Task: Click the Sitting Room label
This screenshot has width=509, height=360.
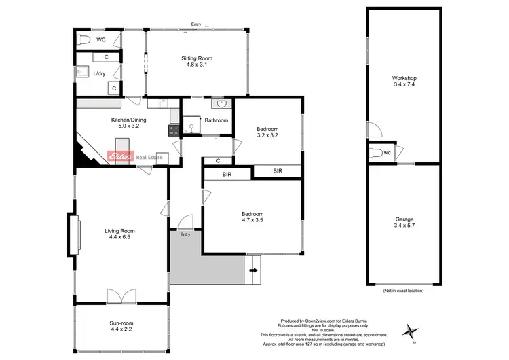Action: (197, 58)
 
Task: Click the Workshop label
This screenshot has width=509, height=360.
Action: (404, 79)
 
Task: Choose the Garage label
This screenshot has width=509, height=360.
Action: (404, 220)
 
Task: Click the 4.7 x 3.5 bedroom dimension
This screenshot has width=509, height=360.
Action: (257, 220)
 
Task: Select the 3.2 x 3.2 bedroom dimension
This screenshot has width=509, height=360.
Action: (267, 135)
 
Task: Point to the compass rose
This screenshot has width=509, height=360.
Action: (409, 331)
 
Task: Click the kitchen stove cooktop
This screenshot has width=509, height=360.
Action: (174, 129)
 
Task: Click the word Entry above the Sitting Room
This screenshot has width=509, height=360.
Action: (195, 24)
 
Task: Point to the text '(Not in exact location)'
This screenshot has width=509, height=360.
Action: (403, 291)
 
